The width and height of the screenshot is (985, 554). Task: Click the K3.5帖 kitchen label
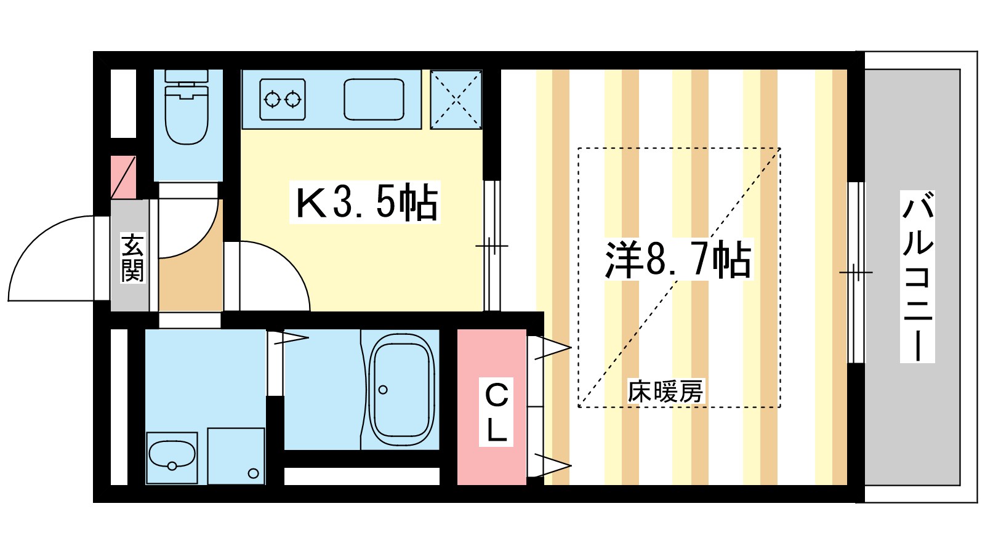[x=366, y=203]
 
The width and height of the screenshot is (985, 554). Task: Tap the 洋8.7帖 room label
[x=678, y=259]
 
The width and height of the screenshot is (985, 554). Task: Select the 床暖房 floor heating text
[x=665, y=391]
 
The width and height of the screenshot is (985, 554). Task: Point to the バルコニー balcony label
[x=917, y=276]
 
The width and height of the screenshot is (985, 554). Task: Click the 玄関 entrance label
[x=132, y=257]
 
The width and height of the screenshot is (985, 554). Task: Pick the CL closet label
[x=496, y=412]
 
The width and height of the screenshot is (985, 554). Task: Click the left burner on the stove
[x=272, y=100]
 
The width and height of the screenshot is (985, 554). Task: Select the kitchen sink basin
[x=374, y=99]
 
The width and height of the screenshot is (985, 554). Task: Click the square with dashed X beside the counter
[x=456, y=100]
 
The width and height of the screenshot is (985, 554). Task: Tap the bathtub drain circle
[x=383, y=390]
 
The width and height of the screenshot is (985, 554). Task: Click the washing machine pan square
[x=236, y=456]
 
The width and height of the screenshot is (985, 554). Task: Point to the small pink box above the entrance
[x=123, y=177]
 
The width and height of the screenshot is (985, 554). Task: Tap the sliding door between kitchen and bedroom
[x=492, y=246]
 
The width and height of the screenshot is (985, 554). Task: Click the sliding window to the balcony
[x=856, y=273]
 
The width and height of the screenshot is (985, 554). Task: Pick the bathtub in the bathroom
[x=401, y=390]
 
